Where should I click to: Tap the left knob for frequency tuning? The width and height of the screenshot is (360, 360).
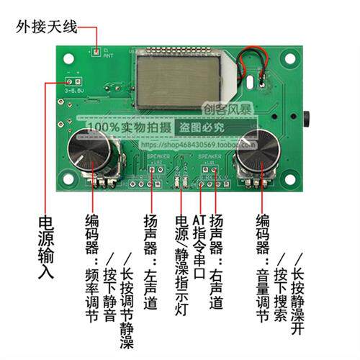pos(92,152)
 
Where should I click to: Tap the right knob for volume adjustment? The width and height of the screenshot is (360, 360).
pos(258,150)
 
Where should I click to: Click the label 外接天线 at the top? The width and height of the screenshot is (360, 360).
pos(47,28)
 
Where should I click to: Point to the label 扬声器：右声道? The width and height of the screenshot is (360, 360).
pos(215,262)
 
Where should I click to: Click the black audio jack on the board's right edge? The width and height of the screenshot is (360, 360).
pos(307,117)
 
